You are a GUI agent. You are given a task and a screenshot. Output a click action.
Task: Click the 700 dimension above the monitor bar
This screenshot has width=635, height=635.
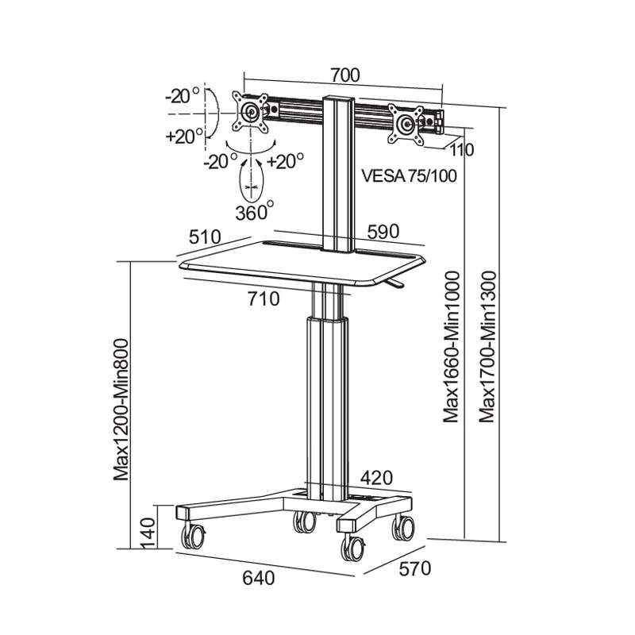345,75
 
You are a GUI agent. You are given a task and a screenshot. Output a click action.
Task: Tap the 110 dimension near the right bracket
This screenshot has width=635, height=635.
462,150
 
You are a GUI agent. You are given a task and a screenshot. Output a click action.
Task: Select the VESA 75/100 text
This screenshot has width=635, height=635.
409,176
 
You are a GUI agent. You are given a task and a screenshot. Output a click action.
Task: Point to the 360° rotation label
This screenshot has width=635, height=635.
255,212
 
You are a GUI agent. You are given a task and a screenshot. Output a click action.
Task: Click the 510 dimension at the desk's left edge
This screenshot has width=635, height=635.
205,237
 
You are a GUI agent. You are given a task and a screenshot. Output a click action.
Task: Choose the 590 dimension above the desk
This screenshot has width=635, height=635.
383,232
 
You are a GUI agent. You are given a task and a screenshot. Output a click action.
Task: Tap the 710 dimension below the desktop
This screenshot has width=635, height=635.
264,299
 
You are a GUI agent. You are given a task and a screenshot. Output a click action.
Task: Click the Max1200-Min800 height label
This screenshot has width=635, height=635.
121,410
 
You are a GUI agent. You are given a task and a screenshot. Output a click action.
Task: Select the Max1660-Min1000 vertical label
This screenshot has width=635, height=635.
451,347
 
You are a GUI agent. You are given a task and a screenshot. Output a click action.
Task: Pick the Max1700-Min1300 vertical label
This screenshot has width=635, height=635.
487,347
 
